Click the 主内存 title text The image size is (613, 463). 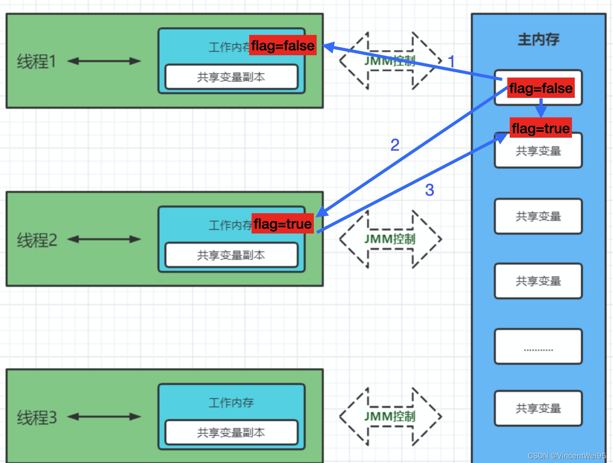(x=538, y=40)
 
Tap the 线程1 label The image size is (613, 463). (x=36, y=62)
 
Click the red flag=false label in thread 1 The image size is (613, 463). (x=283, y=45)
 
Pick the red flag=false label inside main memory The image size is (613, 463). (x=541, y=88)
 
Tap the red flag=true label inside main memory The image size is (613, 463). (x=541, y=128)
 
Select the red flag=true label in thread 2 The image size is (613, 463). (x=283, y=224)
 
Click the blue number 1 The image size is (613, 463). (x=451, y=62)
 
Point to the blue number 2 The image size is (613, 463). (x=395, y=145)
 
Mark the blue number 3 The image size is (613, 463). (x=430, y=190)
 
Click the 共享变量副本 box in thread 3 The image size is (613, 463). (x=231, y=433)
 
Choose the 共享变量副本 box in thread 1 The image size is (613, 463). (x=231, y=77)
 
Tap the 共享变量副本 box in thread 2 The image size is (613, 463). (x=231, y=255)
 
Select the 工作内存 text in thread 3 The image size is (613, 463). (x=231, y=402)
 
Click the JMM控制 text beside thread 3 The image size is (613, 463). (x=389, y=416)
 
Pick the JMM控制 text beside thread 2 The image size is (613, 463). (x=389, y=239)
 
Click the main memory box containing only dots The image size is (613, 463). (x=538, y=346)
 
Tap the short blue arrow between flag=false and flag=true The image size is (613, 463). (x=541, y=108)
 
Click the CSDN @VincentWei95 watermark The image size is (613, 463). (x=567, y=456)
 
